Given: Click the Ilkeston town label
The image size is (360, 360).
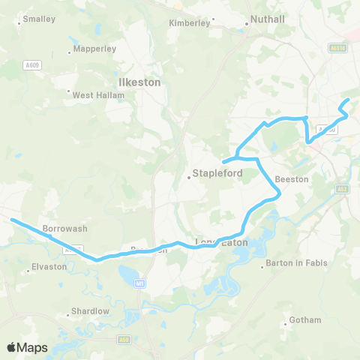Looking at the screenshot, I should pos(139,82).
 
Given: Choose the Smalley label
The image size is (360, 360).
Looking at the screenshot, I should pos(34,18).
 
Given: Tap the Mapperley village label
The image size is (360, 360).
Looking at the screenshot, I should pos(94,49).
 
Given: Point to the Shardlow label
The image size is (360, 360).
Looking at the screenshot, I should pos(90,310).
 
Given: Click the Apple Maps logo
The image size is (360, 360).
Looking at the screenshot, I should pos(28,347).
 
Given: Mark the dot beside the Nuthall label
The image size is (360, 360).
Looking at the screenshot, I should pos(247,23).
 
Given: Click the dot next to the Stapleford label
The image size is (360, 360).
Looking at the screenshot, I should pos(189,178).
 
